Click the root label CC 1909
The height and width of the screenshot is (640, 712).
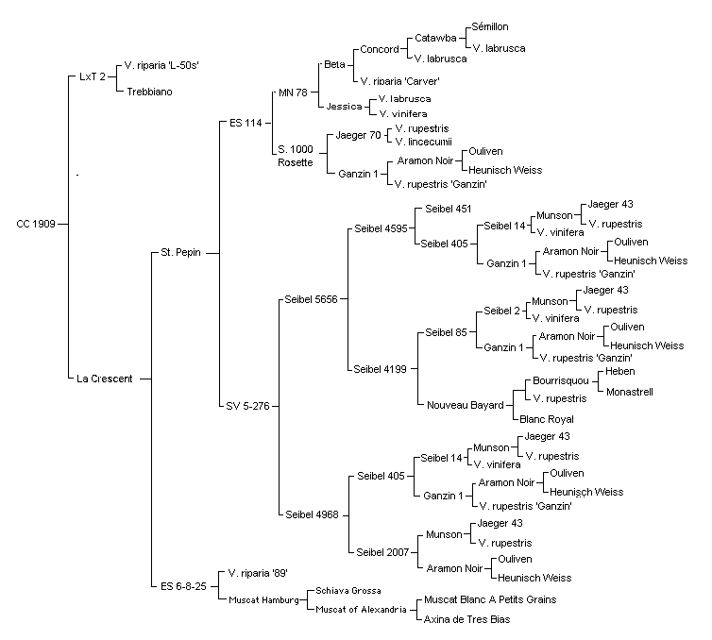(x=36, y=224)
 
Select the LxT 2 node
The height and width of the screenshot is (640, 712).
(x=93, y=76)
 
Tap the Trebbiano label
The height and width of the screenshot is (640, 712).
(x=149, y=92)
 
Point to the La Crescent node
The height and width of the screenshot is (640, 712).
(x=105, y=379)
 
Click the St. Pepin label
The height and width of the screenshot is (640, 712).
(x=180, y=252)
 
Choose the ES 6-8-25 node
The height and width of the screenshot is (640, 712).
(x=183, y=586)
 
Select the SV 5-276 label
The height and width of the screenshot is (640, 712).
(x=248, y=406)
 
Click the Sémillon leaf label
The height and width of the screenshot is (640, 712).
(x=490, y=26)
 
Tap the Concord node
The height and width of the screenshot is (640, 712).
(x=380, y=49)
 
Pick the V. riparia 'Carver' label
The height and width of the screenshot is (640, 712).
(x=400, y=81)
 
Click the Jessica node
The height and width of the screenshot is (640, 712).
(x=344, y=107)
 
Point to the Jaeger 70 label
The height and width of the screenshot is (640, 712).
(x=358, y=135)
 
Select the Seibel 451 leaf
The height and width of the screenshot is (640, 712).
(x=449, y=209)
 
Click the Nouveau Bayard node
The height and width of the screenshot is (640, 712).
(x=466, y=405)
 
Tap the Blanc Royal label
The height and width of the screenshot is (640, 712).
(x=547, y=419)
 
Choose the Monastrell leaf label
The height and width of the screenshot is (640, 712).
(x=630, y=392)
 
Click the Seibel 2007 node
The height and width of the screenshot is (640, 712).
(x=382, y=552)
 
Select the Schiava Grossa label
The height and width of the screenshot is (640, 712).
(x=348, y=591)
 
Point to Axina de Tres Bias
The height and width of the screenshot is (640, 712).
(x=466, y=619)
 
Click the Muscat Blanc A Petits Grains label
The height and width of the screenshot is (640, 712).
(x=490, y=599)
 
